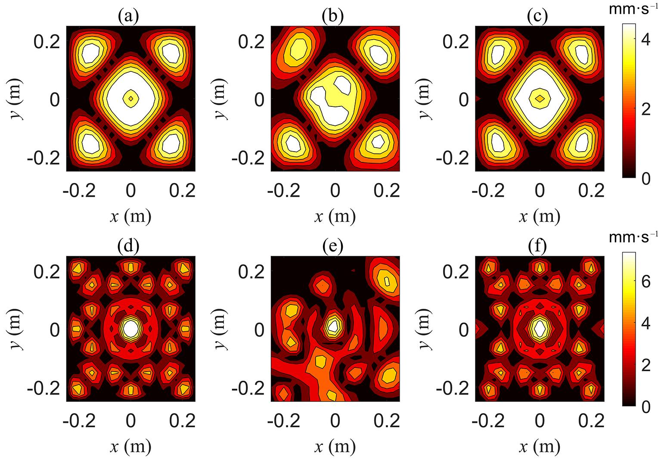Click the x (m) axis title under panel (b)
(335, 216)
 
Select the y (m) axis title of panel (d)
(17, 330)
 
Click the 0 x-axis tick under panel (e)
(335, 420)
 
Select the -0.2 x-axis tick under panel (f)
(488, 420)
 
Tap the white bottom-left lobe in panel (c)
(497, 142)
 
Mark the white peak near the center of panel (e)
(333, 326)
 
